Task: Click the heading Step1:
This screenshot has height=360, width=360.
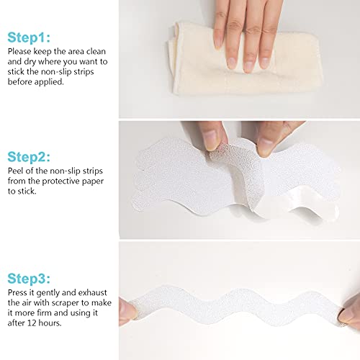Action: (29, 37)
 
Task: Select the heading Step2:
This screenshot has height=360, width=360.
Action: (29, 157)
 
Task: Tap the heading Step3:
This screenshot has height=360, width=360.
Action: (29, 279)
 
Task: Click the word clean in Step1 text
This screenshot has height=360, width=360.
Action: (96, 51)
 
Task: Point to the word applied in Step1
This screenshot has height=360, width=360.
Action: (49, 82)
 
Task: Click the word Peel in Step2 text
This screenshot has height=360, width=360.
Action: (15, 171)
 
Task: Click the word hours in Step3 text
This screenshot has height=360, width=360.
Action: (50, 323)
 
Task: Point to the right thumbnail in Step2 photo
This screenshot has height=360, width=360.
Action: (264, 147)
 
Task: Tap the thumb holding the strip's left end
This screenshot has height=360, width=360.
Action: (127, 311)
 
